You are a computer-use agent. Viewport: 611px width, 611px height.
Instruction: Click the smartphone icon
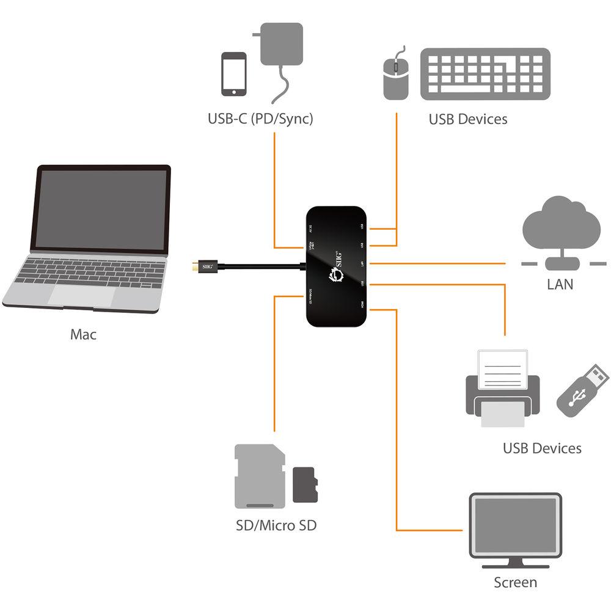point(234,73)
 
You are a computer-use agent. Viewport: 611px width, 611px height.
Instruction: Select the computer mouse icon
point(396,76)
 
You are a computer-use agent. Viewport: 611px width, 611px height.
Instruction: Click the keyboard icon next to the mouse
point(485,73)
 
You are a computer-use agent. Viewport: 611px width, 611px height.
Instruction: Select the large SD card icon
point(260,477)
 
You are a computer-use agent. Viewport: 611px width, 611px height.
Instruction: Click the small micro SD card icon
point(305,485)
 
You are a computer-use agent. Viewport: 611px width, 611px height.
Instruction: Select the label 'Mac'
point(83,334)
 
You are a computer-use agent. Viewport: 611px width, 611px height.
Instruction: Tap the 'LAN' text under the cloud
point(560,284)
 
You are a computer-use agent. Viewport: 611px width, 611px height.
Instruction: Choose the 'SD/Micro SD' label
point(276,525)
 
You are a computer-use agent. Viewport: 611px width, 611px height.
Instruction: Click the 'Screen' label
point(515,582)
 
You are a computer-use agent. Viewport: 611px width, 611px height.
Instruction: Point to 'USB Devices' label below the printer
point(542,448)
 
